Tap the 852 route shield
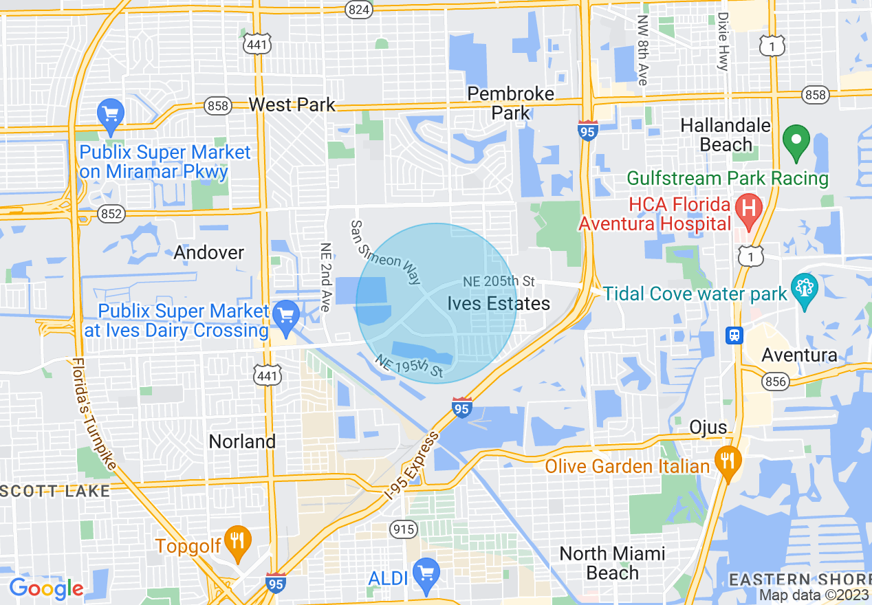pos(111,213)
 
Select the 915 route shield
pos(402,528)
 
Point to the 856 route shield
pos(775,382)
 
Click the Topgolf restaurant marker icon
pos(238,542)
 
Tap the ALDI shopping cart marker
pos(426,575)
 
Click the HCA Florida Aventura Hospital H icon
pos(749,206)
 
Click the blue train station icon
pos(734,335)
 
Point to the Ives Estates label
pos(499,303)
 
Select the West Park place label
pos(292,104)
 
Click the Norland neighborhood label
pos(242,441)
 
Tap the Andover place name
pos(208,252)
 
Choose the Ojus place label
pos(708,427)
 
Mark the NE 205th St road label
pos(499,281)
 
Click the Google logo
pos(45,588)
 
